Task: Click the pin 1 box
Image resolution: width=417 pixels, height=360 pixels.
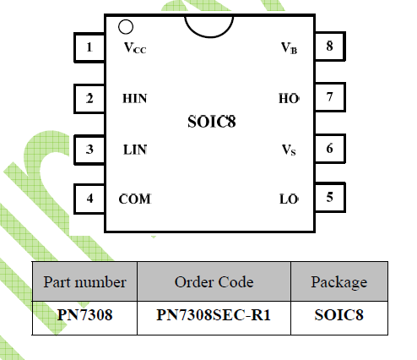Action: (x=89, y=47)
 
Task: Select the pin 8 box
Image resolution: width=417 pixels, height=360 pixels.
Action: (x=329, y=46)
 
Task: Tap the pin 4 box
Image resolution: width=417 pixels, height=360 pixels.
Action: (x=89, y=199)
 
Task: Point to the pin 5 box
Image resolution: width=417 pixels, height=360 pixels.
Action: (x=329, y=197)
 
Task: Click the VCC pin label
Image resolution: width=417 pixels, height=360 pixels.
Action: (x=135, y=48)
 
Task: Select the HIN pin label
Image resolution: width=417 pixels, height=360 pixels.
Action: (x=135, y=99)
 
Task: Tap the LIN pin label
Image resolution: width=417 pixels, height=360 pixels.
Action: (x=135, y=150)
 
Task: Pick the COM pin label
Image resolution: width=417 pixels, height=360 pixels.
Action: (x=135, y=199)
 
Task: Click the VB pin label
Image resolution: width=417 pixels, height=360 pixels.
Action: (x=289, y=48)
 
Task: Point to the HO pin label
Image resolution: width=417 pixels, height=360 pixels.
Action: (x=289, y=99)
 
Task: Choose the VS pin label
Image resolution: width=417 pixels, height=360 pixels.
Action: (x=289, y=150)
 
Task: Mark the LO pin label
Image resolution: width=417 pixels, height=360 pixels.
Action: (x=289, y=199)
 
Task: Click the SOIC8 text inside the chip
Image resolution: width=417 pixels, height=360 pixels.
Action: (x=212, y=122)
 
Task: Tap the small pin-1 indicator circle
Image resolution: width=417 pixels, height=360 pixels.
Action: (x=126, y=27)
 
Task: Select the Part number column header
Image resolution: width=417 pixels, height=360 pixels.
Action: (x=84, y=281)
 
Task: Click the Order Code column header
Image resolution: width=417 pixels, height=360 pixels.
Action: (x=214, y=282)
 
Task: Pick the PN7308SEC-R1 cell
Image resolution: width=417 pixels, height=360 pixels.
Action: (x=214, y=315)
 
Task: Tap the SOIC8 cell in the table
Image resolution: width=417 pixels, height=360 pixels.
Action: (x=339, y=315)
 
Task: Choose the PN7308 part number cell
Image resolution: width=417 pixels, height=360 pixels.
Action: (x=84, y=315)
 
